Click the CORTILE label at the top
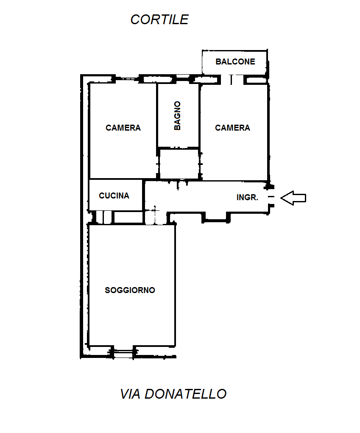click(159, 20)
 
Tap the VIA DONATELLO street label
click(173, 394)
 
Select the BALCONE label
click(235, 61)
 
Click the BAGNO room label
click(178, 115)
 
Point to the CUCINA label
click(114, 196)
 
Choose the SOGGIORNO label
click(130, 290)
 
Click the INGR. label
click(247, 198)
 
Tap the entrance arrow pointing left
click(293, 198)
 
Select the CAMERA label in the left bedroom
click(123, 128)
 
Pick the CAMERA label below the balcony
click(232, 128)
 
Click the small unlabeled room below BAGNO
click(179, 164)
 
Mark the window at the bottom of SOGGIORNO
click(123, 352)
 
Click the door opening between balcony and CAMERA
click(232, 80)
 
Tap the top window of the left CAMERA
click(127, 78)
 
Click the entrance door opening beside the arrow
click(271, 197)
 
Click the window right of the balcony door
click(257, 80)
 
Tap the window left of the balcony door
click(207, 80)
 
